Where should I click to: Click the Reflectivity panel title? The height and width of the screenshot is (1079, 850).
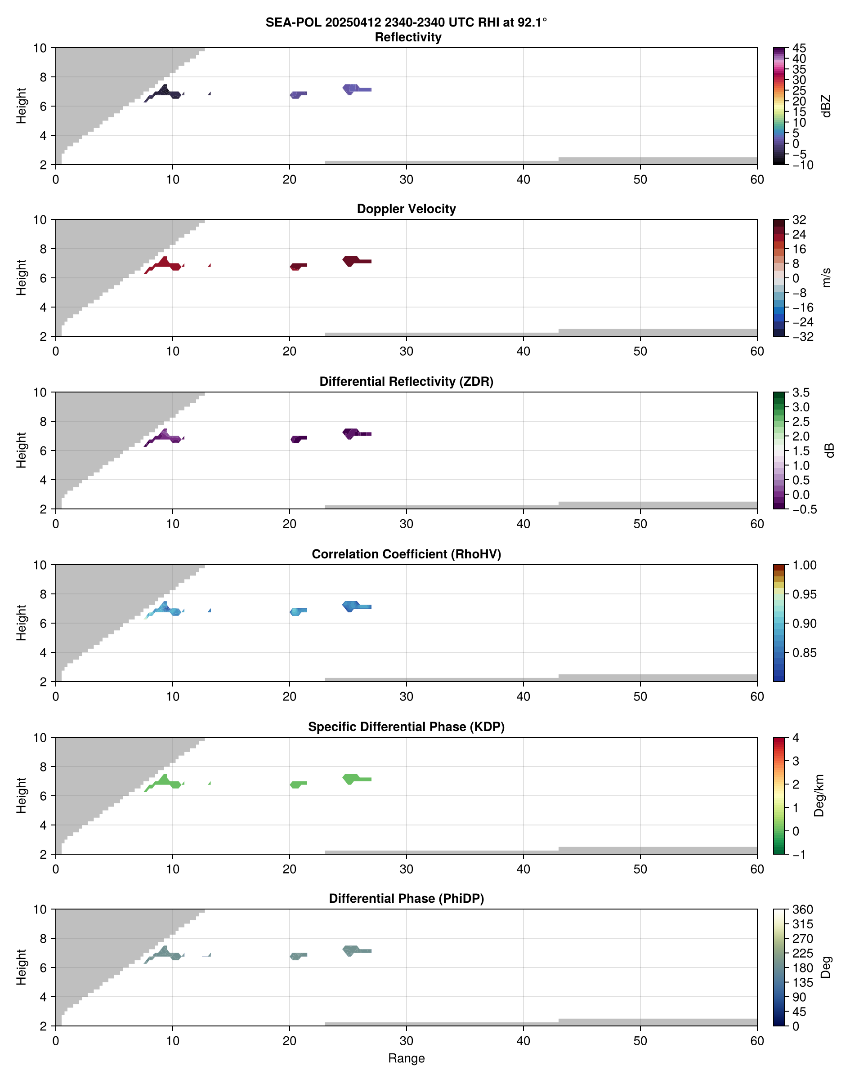click(408, 37)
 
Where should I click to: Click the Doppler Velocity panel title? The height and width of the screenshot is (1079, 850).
click(406, 209)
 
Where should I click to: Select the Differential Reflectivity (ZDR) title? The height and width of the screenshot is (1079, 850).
click(406, 382)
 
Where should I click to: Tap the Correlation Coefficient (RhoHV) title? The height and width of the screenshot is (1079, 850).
click(406, 554)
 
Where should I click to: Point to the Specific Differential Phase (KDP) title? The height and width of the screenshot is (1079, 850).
click(406, 727)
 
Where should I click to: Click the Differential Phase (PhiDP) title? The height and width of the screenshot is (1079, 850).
click(406, 898)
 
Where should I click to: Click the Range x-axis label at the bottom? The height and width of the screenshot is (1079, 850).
click(406, 1058)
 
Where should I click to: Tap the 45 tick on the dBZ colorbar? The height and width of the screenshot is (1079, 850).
click(799, 48)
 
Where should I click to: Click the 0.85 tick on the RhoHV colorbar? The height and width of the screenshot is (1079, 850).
click(804, 653)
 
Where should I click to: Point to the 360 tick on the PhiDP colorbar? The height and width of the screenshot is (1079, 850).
click(803, 910)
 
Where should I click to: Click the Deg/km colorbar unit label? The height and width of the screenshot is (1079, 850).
click(819, 795)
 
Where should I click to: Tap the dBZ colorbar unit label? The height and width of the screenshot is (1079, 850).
click(826, 106)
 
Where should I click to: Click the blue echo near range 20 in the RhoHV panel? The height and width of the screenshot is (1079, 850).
click(297, 611)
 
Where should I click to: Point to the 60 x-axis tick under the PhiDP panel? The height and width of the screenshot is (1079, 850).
click(757, 1040)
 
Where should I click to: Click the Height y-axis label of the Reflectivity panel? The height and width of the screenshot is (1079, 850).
click(21, 106)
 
